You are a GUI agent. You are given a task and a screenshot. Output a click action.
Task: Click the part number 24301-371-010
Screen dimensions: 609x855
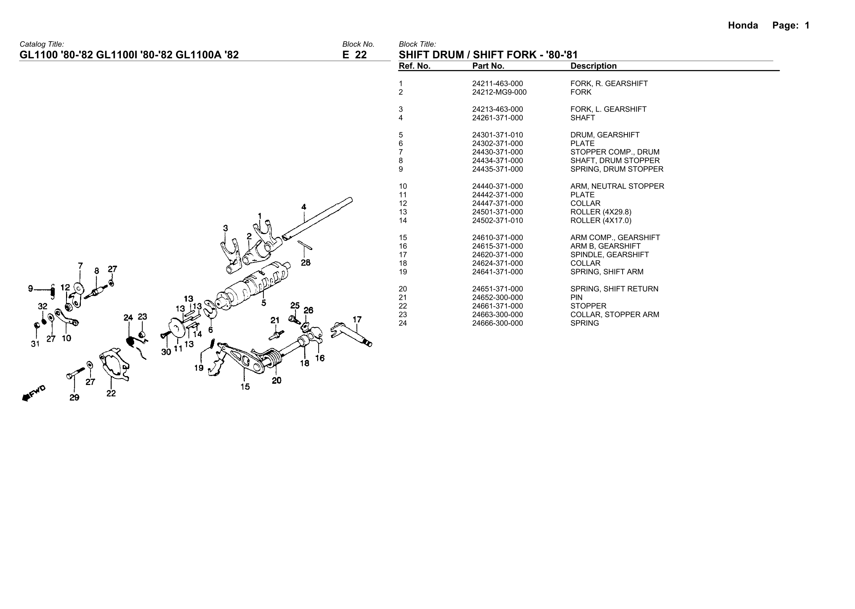[x=497, y=135]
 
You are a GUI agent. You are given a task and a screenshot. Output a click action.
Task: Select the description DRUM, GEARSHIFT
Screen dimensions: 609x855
[x=605, y=135]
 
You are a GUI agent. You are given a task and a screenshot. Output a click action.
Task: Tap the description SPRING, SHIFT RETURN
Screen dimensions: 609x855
[x=614, y=289]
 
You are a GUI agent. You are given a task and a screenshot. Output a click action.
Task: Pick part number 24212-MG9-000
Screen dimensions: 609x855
[x=499, y=92]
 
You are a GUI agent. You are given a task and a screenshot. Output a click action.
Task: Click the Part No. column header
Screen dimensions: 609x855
[x=488, y=66]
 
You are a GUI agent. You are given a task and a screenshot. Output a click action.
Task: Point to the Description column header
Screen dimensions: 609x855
[x=593, y=66]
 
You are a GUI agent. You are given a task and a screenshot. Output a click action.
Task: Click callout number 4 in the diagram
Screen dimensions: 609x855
[x=304, y=207]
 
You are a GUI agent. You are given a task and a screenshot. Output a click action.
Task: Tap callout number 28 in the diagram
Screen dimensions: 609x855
[x=305, y=263]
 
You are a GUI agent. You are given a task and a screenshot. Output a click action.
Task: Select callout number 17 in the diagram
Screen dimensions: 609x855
[x=357, y=320]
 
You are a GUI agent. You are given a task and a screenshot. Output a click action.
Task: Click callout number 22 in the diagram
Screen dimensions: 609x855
[x=111, y=394]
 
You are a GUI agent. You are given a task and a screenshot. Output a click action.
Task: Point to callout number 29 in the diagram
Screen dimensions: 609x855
[x=74, y=397]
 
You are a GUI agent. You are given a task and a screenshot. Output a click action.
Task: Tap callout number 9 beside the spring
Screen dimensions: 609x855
[x=30, y=289]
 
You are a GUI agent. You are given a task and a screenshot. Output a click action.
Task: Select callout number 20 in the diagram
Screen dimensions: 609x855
[x=276, y=381]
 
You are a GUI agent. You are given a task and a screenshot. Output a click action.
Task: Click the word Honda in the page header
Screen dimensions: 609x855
[x=743, y=26]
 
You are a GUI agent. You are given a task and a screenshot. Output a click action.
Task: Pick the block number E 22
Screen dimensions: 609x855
[x=354, y=55]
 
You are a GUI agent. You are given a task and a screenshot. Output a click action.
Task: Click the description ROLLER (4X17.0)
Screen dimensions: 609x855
[x=601, y=220]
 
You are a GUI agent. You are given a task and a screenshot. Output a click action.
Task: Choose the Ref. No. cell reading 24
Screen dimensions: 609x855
[x=403, y=323]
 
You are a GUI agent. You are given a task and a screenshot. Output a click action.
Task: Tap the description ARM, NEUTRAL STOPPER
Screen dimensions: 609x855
[x=617, y=186]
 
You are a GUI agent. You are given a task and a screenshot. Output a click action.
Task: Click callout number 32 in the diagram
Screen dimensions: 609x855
[x=42, y=306]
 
